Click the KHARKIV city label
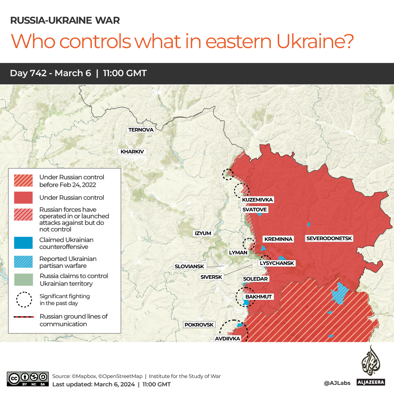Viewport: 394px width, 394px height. coord(132,152)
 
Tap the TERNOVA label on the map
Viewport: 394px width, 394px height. coord(141,130)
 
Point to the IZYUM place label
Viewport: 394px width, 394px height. coord(203,233)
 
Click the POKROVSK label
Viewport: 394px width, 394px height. coord(199,325)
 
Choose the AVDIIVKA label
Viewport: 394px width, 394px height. coord(227,339)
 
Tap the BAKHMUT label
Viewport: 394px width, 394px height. coord(258,297)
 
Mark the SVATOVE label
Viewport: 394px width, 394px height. coord(255,210)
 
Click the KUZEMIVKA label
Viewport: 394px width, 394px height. coord(257,200)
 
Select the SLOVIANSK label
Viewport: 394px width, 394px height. coord(190,266)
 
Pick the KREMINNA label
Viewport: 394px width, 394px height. coord(278,239)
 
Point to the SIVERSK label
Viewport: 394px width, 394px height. coord(211,277)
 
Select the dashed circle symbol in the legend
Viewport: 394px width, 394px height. coord(23,299)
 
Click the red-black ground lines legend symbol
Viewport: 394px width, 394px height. coord(23,317)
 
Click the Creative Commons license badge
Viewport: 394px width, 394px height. coord(28,379)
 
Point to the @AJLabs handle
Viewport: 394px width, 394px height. coord(337,383)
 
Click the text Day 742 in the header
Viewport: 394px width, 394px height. coord(28,73)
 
